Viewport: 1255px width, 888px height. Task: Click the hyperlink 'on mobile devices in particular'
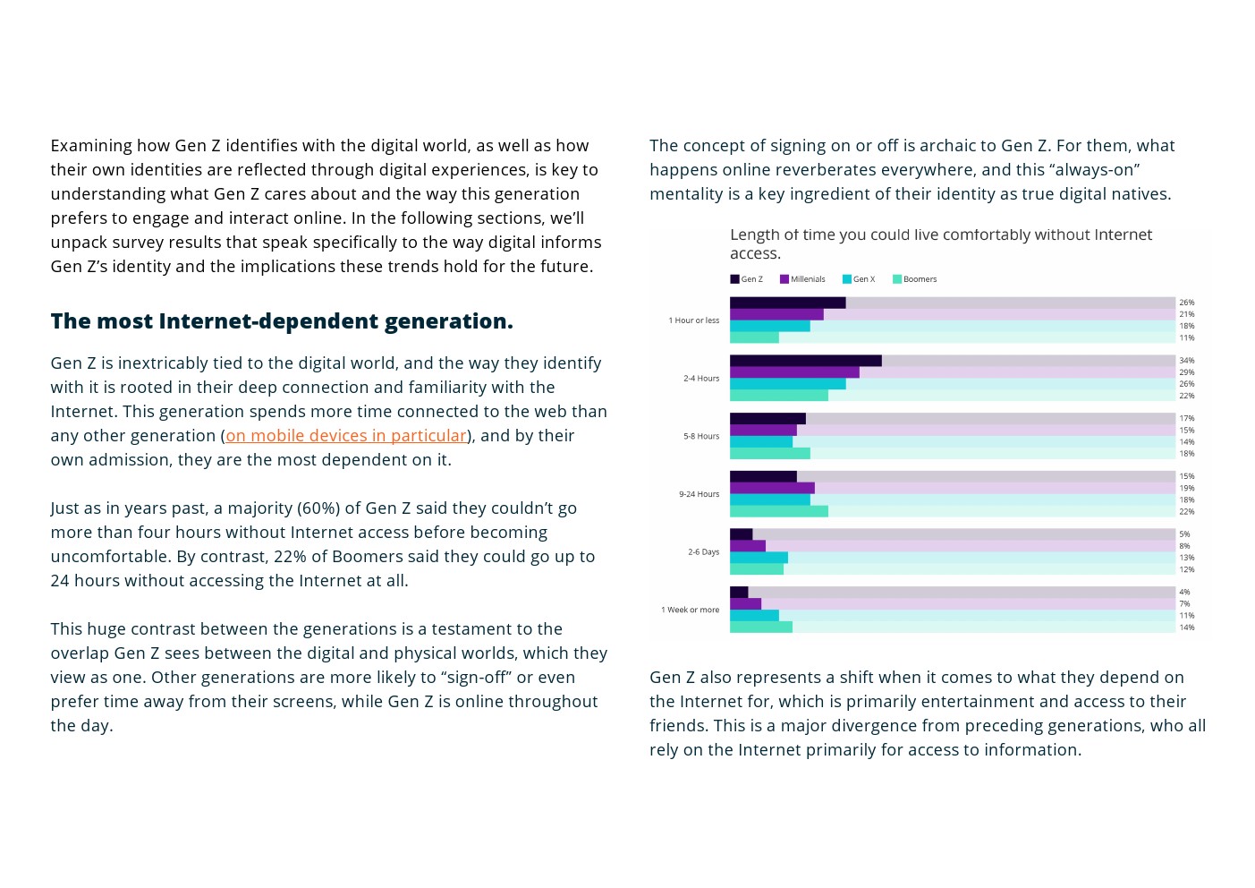pos(346,436)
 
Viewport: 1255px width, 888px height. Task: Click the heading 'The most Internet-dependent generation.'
pos(282,321)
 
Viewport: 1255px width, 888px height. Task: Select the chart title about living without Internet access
pos(940,243)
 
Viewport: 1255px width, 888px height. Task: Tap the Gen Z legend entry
pos(747,279)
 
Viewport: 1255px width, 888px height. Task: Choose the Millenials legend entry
pos(802,279)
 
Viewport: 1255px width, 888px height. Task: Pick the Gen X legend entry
pos(859,279)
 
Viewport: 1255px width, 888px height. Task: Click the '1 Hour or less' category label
pos(693,320)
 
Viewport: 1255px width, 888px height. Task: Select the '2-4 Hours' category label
pos(701,379)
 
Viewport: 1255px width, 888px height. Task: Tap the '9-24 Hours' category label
pos(699,494)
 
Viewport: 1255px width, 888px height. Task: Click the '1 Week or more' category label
pos(690,610)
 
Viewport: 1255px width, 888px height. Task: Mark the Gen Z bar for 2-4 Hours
pos(805,361)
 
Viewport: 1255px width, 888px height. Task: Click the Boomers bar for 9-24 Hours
pos(778,511)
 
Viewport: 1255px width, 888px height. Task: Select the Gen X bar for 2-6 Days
pos(759,558)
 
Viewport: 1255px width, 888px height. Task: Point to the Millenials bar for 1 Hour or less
pos(776,314)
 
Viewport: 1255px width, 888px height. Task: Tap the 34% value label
pos(1186,361)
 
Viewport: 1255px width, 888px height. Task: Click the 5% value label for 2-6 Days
pos(1184,534)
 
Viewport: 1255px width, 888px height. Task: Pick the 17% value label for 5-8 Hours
pos(1186,419)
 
